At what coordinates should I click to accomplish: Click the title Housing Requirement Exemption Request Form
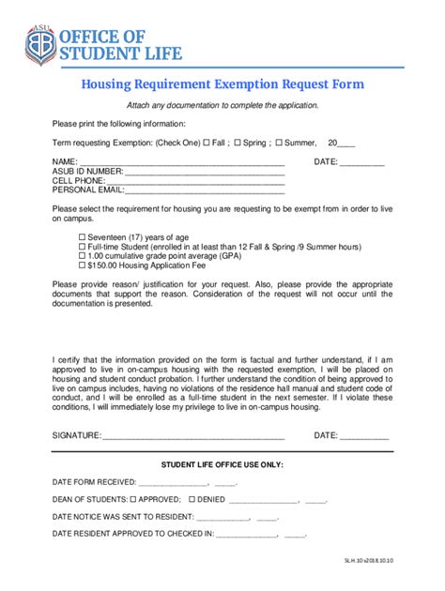222,84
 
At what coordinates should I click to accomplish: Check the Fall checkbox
207,143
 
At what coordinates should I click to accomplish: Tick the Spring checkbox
237,143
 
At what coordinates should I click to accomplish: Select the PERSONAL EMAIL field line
204,191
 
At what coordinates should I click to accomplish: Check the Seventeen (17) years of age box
82,237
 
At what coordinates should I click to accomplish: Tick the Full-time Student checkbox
82,247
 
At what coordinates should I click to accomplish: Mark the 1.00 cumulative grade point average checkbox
82,256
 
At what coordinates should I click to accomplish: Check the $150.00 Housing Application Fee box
82,265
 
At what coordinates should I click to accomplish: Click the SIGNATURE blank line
192,436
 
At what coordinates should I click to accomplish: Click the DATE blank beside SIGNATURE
364,436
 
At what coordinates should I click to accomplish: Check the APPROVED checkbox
132,499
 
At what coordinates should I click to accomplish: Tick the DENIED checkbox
192,499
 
